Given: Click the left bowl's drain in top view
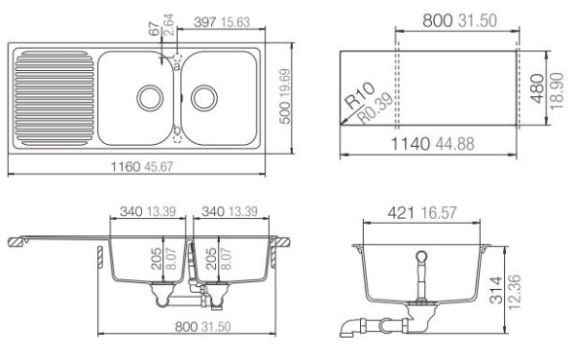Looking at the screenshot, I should tap(151, 96).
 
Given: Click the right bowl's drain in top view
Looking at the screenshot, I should tap(204, 96).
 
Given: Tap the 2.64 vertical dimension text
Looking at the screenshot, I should tap(169, 24).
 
